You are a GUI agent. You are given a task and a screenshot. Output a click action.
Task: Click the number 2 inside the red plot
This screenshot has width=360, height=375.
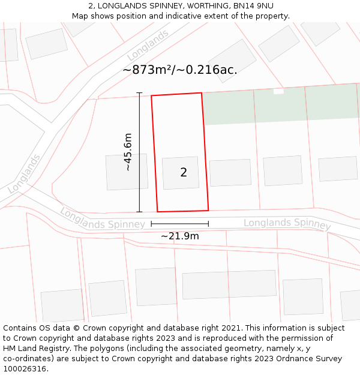184,173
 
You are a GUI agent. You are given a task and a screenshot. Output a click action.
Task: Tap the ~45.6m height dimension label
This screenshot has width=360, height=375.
128,152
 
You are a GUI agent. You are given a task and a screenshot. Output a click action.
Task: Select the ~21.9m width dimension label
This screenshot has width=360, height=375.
179,236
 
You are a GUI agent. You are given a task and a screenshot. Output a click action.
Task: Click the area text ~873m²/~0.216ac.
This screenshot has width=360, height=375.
180,70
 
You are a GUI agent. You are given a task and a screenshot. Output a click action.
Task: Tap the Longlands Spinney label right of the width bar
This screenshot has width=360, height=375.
287,223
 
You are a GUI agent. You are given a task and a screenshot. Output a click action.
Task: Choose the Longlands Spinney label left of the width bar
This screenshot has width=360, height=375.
102,219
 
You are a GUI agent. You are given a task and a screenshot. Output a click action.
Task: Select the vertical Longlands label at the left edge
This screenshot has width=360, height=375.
25,174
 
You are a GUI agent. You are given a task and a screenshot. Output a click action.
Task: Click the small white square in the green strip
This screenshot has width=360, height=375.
278,91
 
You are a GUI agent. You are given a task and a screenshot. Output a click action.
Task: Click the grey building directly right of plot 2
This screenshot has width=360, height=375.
230,173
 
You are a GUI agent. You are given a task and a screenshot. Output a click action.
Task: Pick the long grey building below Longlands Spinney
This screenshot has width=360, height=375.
229,284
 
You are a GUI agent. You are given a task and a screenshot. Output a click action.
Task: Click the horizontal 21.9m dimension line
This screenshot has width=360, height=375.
179,224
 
